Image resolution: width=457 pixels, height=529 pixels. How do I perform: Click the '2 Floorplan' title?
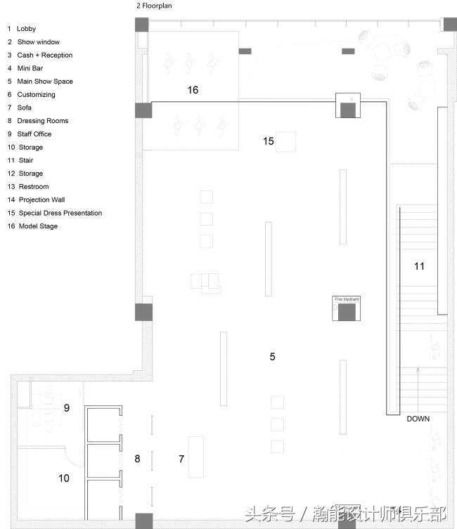tap(154, 6)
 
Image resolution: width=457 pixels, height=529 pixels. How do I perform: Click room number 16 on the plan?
tap(193, 90)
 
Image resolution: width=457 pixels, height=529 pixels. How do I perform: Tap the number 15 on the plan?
tap(269, 141)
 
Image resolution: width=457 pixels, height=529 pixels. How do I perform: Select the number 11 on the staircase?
tap(419, 266)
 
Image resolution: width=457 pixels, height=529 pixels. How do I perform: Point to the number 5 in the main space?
tap(272, 357)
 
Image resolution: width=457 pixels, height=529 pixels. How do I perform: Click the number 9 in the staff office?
tap(67, 408)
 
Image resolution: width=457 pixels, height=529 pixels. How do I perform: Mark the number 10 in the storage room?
tap(64, 478)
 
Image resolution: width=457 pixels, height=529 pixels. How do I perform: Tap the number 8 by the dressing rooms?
tap(137, 459)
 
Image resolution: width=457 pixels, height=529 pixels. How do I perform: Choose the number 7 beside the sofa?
tap(181, 459)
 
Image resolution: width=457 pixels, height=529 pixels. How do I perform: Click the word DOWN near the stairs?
tap(418, 419)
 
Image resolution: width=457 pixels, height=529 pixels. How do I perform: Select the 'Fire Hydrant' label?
tap(347, 299)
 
